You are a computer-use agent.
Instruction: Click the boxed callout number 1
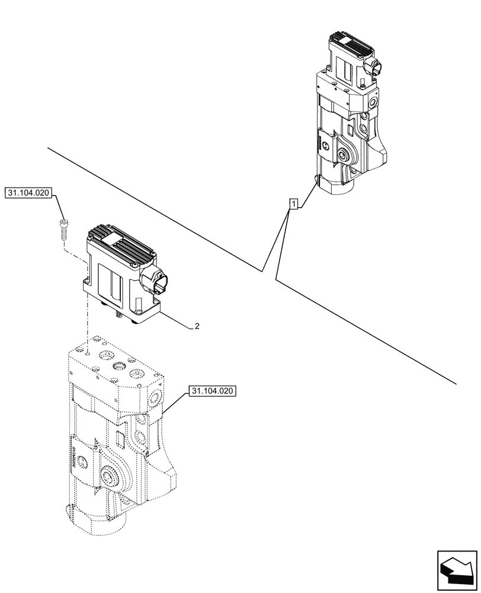coord(293,205)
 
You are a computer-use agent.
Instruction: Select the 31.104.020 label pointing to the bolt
coord(29,193)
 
